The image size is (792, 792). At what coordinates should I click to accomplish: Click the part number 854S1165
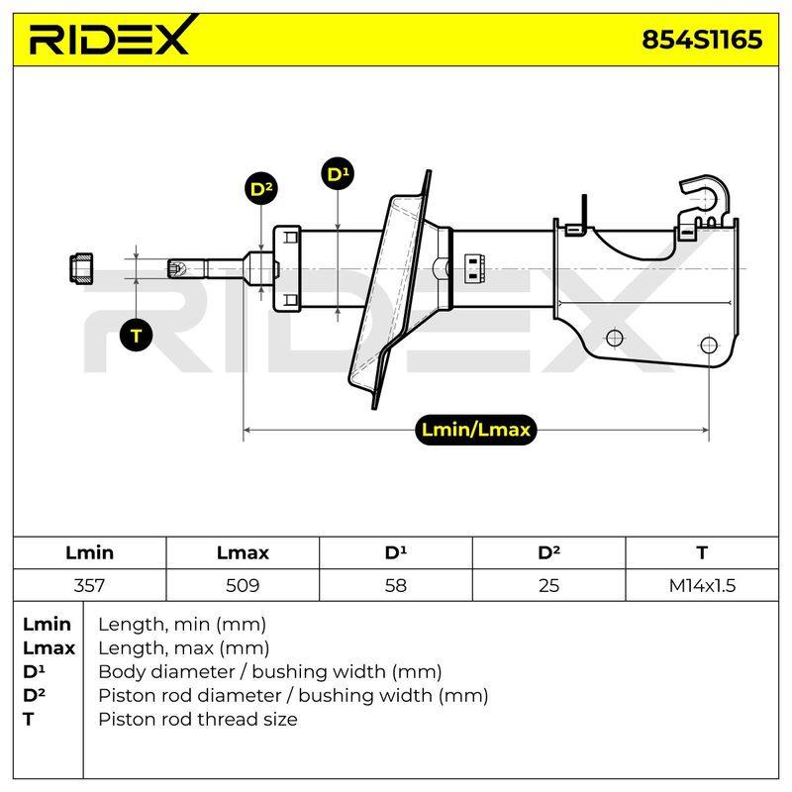pyautogui.click(x=702, y=40)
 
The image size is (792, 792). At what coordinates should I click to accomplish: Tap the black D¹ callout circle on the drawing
pyautogui.click(x=338, y=174)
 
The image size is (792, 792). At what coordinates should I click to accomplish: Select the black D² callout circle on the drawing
pyautogui.click(x=260, y=189)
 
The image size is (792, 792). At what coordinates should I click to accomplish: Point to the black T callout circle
pyautogui.click(x=137, y=336)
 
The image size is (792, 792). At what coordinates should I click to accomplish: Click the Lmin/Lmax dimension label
pyautogui.click(x=475, y=430)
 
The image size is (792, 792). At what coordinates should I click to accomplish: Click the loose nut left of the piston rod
pyautogui.click(x=81, y=267)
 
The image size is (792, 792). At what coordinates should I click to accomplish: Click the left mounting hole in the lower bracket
pyautogui.click(x=614, y=338)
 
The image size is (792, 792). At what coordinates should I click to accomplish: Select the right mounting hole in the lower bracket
pyautogui.click(x=709, y=346)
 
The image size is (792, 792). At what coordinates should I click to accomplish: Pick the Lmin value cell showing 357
pyautogui.click(x=89, y=585)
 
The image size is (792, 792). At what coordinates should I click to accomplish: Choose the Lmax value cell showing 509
pyautogui.click(x=243, y=585)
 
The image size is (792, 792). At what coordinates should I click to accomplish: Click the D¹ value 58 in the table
pyautogui.click(x=395, y=585)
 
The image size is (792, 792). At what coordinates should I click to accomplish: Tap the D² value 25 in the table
pyautogui.click(x=548, y=585)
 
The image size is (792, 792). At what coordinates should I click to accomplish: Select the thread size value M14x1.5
pyautogui.click(x=702, y=585)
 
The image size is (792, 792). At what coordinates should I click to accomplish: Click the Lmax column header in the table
pyautogui.click(x=243, y=552)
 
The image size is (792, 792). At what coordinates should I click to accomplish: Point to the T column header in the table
pyautogui.click(x=702, y=552)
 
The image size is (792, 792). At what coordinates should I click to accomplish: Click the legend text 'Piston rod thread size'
pyautogui.click(x=197, y=719)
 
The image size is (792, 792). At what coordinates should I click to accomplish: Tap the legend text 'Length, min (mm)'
pyautogui.click(x=182, y=625)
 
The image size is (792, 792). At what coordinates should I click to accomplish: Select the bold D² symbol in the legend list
pyautogui.click(x=34, y=695)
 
